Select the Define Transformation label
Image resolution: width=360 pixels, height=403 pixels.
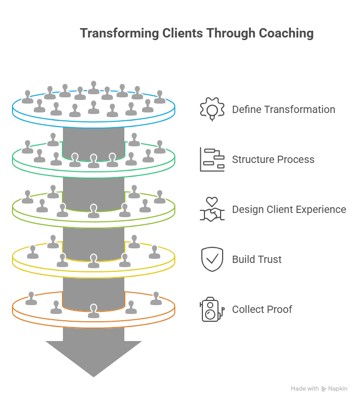point(283,111)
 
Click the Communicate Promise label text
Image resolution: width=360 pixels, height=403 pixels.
point(273,160)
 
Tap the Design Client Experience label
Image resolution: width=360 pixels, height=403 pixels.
point(289,210)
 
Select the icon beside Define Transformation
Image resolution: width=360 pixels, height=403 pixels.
point(212,110)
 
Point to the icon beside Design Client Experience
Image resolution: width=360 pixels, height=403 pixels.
point(212,210)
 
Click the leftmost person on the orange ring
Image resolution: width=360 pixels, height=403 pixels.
point(31,298)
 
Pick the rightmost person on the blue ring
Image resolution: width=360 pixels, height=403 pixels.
point(159,97)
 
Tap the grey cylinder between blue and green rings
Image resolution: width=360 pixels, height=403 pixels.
point(94,141)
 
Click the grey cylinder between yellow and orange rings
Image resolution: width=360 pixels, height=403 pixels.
point(94,292)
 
